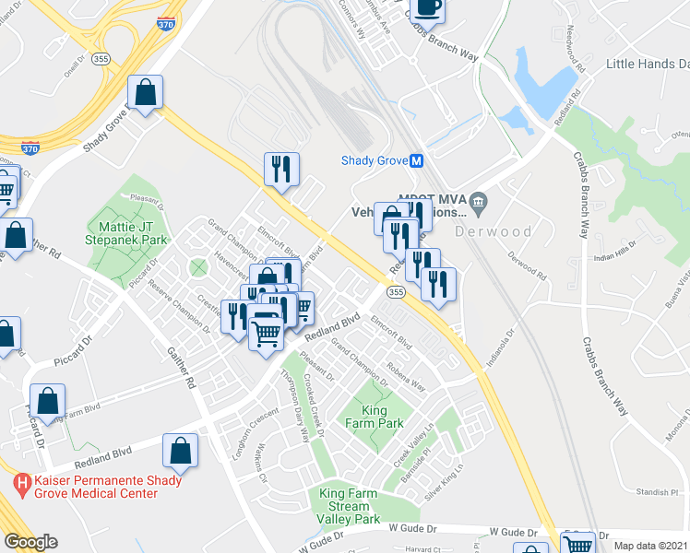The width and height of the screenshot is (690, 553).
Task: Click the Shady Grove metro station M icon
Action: point(417,160)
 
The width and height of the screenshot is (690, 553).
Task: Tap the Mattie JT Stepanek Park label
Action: point(129,234)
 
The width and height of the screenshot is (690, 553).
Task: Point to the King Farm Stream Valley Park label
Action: point(349,507)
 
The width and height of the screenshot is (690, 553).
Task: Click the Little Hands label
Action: point(647,64)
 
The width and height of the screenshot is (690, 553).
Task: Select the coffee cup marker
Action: point(426,8)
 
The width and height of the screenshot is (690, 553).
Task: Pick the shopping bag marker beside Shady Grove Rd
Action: point(146,92)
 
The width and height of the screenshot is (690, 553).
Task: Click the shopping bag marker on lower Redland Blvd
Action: point(181,451)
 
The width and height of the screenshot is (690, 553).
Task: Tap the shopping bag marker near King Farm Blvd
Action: point(48,402)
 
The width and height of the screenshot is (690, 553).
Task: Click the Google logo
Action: point(30,542)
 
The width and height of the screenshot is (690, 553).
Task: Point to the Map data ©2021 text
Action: point(650,546)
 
